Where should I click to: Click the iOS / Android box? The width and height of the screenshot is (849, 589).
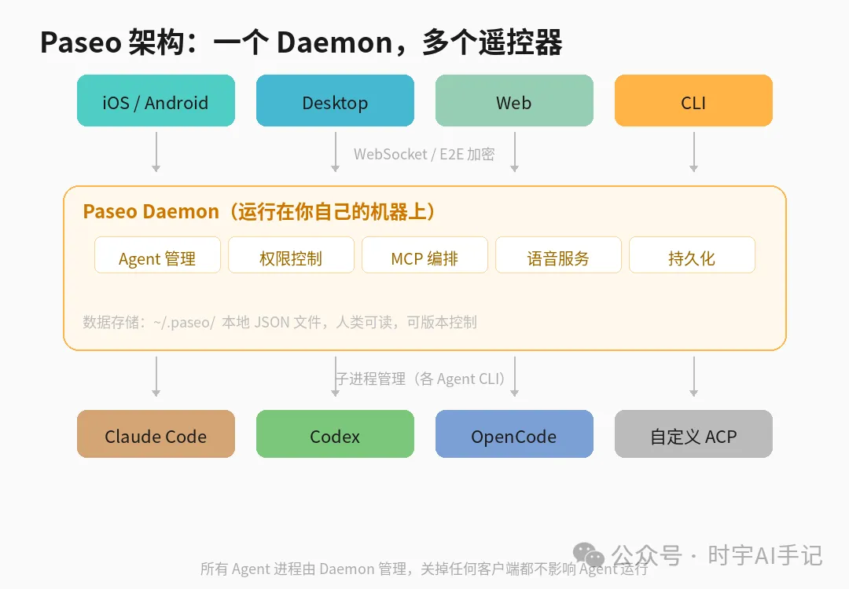coord(156,101)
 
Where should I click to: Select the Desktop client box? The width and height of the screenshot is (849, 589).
coord(335,101)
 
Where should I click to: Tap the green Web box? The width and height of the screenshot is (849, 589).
coord(514,101)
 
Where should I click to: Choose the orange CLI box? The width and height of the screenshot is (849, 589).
coord(693,101)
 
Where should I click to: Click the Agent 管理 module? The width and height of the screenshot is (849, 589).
coord(157,256)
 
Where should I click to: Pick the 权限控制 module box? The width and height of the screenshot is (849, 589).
coord(291,256)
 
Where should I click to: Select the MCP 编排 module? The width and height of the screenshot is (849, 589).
coord(424,256)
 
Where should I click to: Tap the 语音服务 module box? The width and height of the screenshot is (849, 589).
coord(558,256)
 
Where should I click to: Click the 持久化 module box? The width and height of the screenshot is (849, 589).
coord(692,256)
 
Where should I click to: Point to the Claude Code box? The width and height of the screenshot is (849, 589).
coord(156,434)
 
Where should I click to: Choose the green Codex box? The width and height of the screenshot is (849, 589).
coord(335,434)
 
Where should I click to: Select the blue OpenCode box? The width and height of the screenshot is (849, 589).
coord(514,434)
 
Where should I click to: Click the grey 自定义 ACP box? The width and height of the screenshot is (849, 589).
coord(693,434)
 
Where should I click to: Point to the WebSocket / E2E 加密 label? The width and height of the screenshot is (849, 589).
coord(424,154)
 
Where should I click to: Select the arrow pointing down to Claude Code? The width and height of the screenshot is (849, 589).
coord(156,376)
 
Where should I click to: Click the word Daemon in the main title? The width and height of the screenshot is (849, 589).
coord(333,42)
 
